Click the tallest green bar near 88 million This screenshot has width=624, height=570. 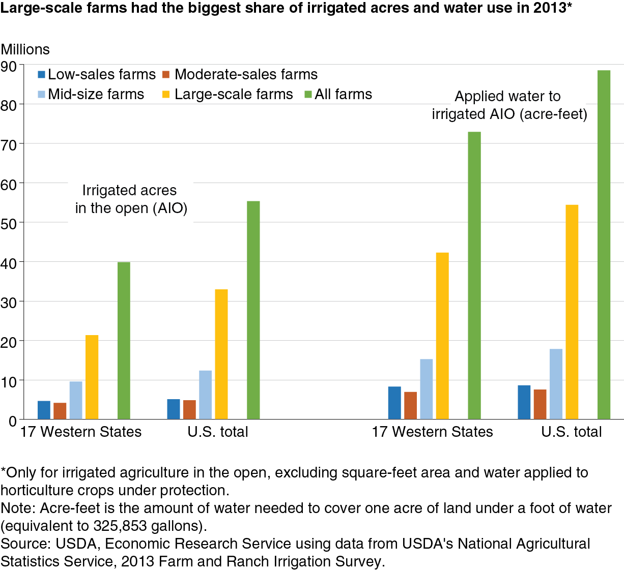tap(604, 245)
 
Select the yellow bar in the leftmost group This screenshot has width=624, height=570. tap(92, 377)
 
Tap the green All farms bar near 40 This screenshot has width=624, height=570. tap(124, 340)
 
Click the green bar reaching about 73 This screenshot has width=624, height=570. tap(474, 275)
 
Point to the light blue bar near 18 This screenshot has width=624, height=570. tap(556, 384)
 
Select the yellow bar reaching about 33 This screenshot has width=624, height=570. tap(221, 354)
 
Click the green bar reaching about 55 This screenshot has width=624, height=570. tap(253, 310)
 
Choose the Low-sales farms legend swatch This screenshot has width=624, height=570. tap(42, 75)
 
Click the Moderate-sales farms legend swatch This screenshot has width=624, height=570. tap(166, 75)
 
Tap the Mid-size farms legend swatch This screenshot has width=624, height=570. tap(42, 95)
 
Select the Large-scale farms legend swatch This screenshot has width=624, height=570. tap(166, 95)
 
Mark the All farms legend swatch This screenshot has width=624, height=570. tap(307, 95)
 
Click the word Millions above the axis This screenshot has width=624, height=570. tap(25, 49)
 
